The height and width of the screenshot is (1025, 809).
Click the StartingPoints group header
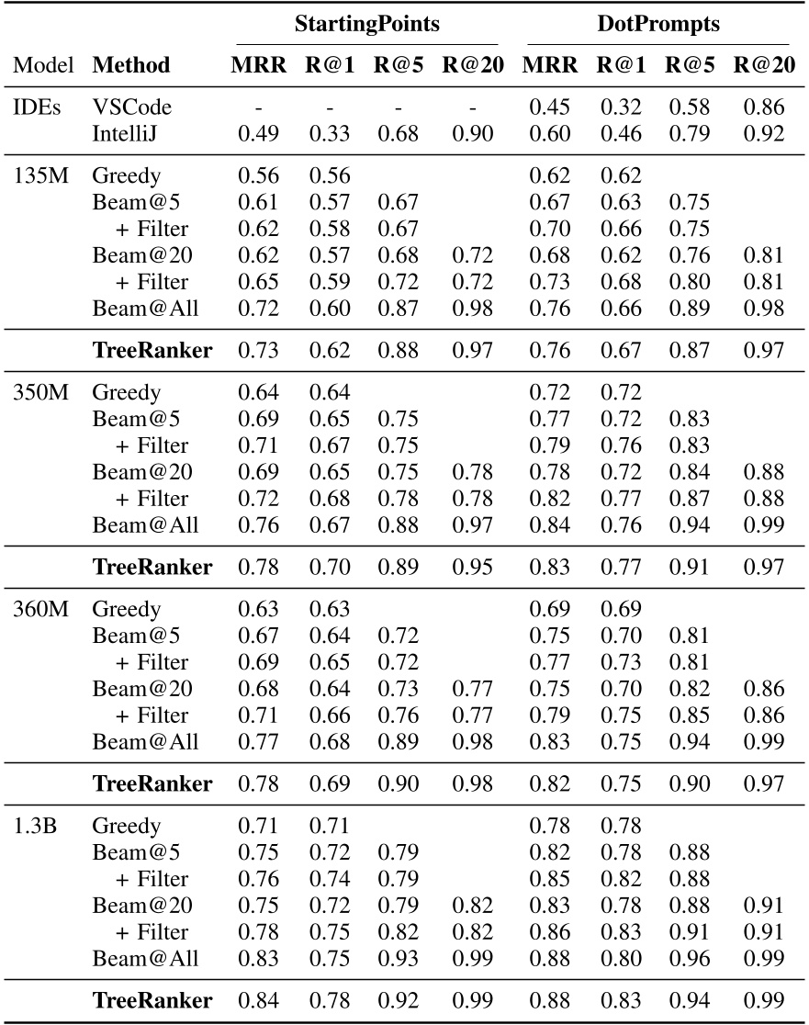(366, 25)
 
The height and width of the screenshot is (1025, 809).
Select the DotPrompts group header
(657, 25)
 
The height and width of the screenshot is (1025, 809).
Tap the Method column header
(131, 65)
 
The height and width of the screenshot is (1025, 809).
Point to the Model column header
(44, 65)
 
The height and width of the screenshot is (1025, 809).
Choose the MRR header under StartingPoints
(257, 65)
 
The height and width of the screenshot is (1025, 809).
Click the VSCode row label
(131, 107)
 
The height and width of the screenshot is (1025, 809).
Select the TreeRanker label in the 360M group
(152, 783)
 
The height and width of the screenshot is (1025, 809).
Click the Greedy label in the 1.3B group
(127, 826)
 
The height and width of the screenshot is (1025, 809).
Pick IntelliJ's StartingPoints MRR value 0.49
(257, 134)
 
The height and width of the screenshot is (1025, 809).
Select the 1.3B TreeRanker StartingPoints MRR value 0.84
(257, 1000)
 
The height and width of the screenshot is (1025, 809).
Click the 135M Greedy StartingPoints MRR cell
(257, 176)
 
